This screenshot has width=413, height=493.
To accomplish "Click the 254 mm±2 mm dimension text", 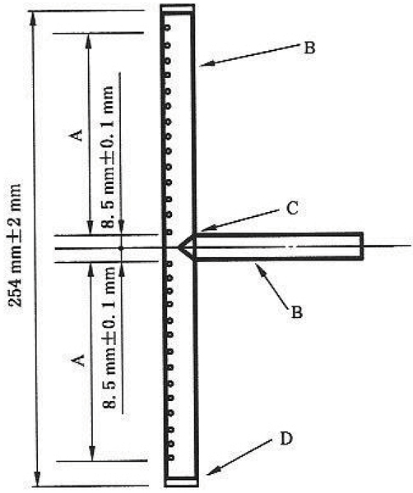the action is (15, 245).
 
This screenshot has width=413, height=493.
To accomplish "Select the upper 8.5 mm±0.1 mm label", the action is (108, 156).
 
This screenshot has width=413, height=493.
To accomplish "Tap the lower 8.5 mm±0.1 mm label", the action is (109, 338).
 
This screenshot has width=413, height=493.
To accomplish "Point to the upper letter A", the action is (77, 135).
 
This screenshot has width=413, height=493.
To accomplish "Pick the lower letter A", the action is (78, 361).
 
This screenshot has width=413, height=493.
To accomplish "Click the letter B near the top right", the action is (309, 48).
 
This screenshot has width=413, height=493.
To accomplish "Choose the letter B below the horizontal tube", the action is (297, 312).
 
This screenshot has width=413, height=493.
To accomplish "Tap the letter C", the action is (292, 208).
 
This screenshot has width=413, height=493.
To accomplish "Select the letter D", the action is (286, 439).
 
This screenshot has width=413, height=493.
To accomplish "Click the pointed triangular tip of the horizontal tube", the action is (179, 247).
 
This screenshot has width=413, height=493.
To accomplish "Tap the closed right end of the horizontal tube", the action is (361, 246).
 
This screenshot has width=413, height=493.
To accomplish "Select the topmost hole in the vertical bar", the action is (168, 28).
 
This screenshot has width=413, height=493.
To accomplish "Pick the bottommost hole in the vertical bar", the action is (172, 458).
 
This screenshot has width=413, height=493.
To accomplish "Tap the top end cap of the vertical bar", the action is (177, 9).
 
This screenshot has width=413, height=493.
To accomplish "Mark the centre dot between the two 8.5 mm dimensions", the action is (121, 248).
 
